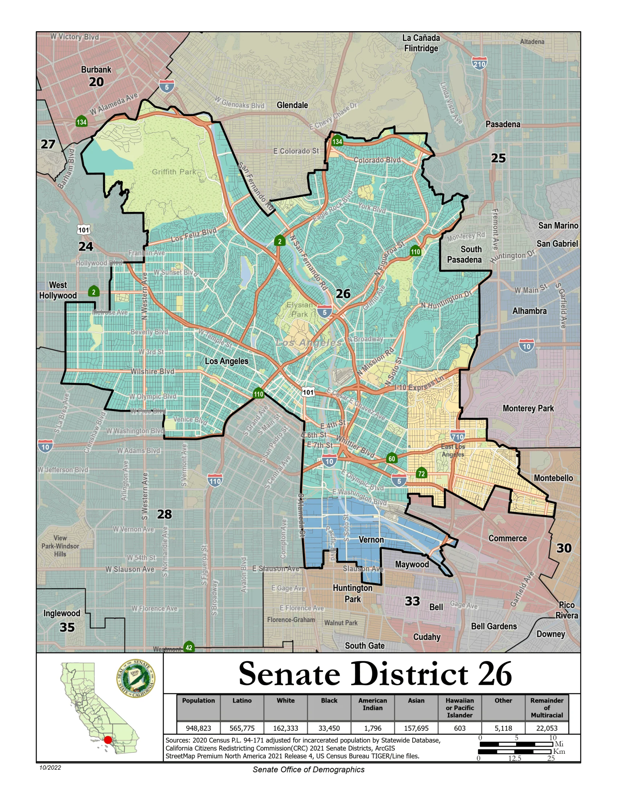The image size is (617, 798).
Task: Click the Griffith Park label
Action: pos(174,172)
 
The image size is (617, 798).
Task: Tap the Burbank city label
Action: pos(96,69)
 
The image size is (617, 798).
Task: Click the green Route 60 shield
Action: pos(392,458)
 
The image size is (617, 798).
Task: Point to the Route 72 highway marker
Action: pos(421,473)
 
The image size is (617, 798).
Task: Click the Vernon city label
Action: pos(371,540)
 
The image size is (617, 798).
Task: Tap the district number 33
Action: pos(412,601)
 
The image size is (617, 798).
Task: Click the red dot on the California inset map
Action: pos(108,740)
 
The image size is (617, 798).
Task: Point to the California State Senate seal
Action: pos(136,679)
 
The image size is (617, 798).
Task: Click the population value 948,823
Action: pos(198,728)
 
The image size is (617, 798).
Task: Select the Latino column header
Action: pos(242,700)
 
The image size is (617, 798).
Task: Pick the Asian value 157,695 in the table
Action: pos(416,728)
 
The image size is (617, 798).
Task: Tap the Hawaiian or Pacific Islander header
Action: pos(459,708)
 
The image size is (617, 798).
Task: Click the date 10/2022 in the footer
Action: pos(50,768)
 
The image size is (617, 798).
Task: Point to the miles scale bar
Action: pos(516,744)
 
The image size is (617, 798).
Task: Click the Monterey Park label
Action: pos(528,408)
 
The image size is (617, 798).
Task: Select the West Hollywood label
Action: pos(58,290)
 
